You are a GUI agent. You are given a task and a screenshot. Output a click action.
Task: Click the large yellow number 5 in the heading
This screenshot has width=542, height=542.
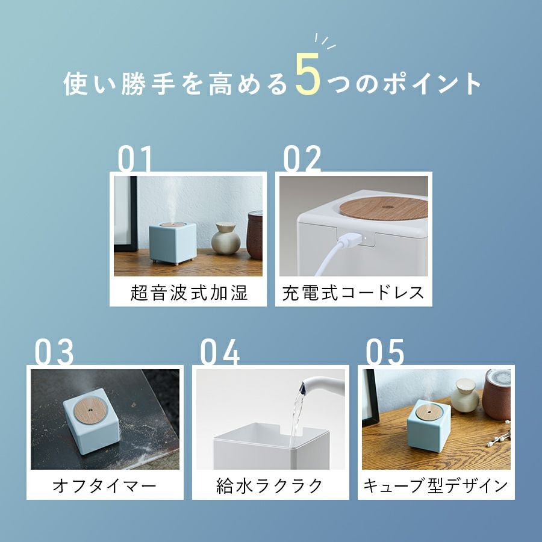(x=307, y=74)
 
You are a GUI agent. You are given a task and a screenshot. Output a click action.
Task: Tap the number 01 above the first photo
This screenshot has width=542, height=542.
(x=134, y=158)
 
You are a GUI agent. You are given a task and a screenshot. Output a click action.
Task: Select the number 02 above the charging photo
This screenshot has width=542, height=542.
(x=302, y=158)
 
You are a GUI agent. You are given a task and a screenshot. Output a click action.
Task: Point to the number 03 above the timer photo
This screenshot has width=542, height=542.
(x=54, y=352)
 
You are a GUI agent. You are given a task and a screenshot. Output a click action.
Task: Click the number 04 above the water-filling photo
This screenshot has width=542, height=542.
(x=220, y=352)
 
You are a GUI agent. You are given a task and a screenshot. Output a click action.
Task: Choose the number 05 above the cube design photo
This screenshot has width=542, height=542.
(x=385, y=352)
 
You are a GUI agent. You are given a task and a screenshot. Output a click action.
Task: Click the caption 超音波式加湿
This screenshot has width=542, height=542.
(x=188, y=293)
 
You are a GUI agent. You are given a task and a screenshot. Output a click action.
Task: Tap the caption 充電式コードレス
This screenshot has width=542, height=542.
(x=353, y=293)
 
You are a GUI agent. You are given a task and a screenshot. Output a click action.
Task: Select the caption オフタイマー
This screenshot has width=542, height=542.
(x=105, y=485)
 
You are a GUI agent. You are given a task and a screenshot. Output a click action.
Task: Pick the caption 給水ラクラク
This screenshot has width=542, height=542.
(x=270, y=485)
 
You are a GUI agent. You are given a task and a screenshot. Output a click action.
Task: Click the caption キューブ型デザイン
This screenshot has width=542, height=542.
(x=435, y=485)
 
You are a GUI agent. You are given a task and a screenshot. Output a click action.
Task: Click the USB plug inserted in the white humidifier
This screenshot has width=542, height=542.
(x=351, y=240)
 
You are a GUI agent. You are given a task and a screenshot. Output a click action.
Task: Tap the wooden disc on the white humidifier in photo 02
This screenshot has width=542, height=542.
(x=384, y=208)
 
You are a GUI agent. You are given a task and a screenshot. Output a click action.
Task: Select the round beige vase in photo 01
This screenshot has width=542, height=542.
(x=225, y=238)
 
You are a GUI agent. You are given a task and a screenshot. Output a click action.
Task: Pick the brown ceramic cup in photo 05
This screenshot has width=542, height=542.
(x=496, y=394)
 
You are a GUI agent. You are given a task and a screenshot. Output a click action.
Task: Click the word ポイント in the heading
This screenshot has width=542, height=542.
(x=432, y=84)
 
